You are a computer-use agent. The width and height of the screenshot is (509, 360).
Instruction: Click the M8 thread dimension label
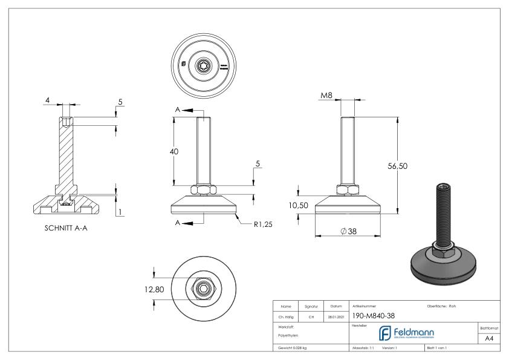[x=326, y=95]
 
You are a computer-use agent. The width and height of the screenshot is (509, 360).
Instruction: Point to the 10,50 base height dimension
[x=299, y=206]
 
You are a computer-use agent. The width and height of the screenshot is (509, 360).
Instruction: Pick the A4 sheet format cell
[x=490, y=338]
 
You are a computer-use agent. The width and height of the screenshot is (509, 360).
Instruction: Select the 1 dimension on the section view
[x=121, y=212]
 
